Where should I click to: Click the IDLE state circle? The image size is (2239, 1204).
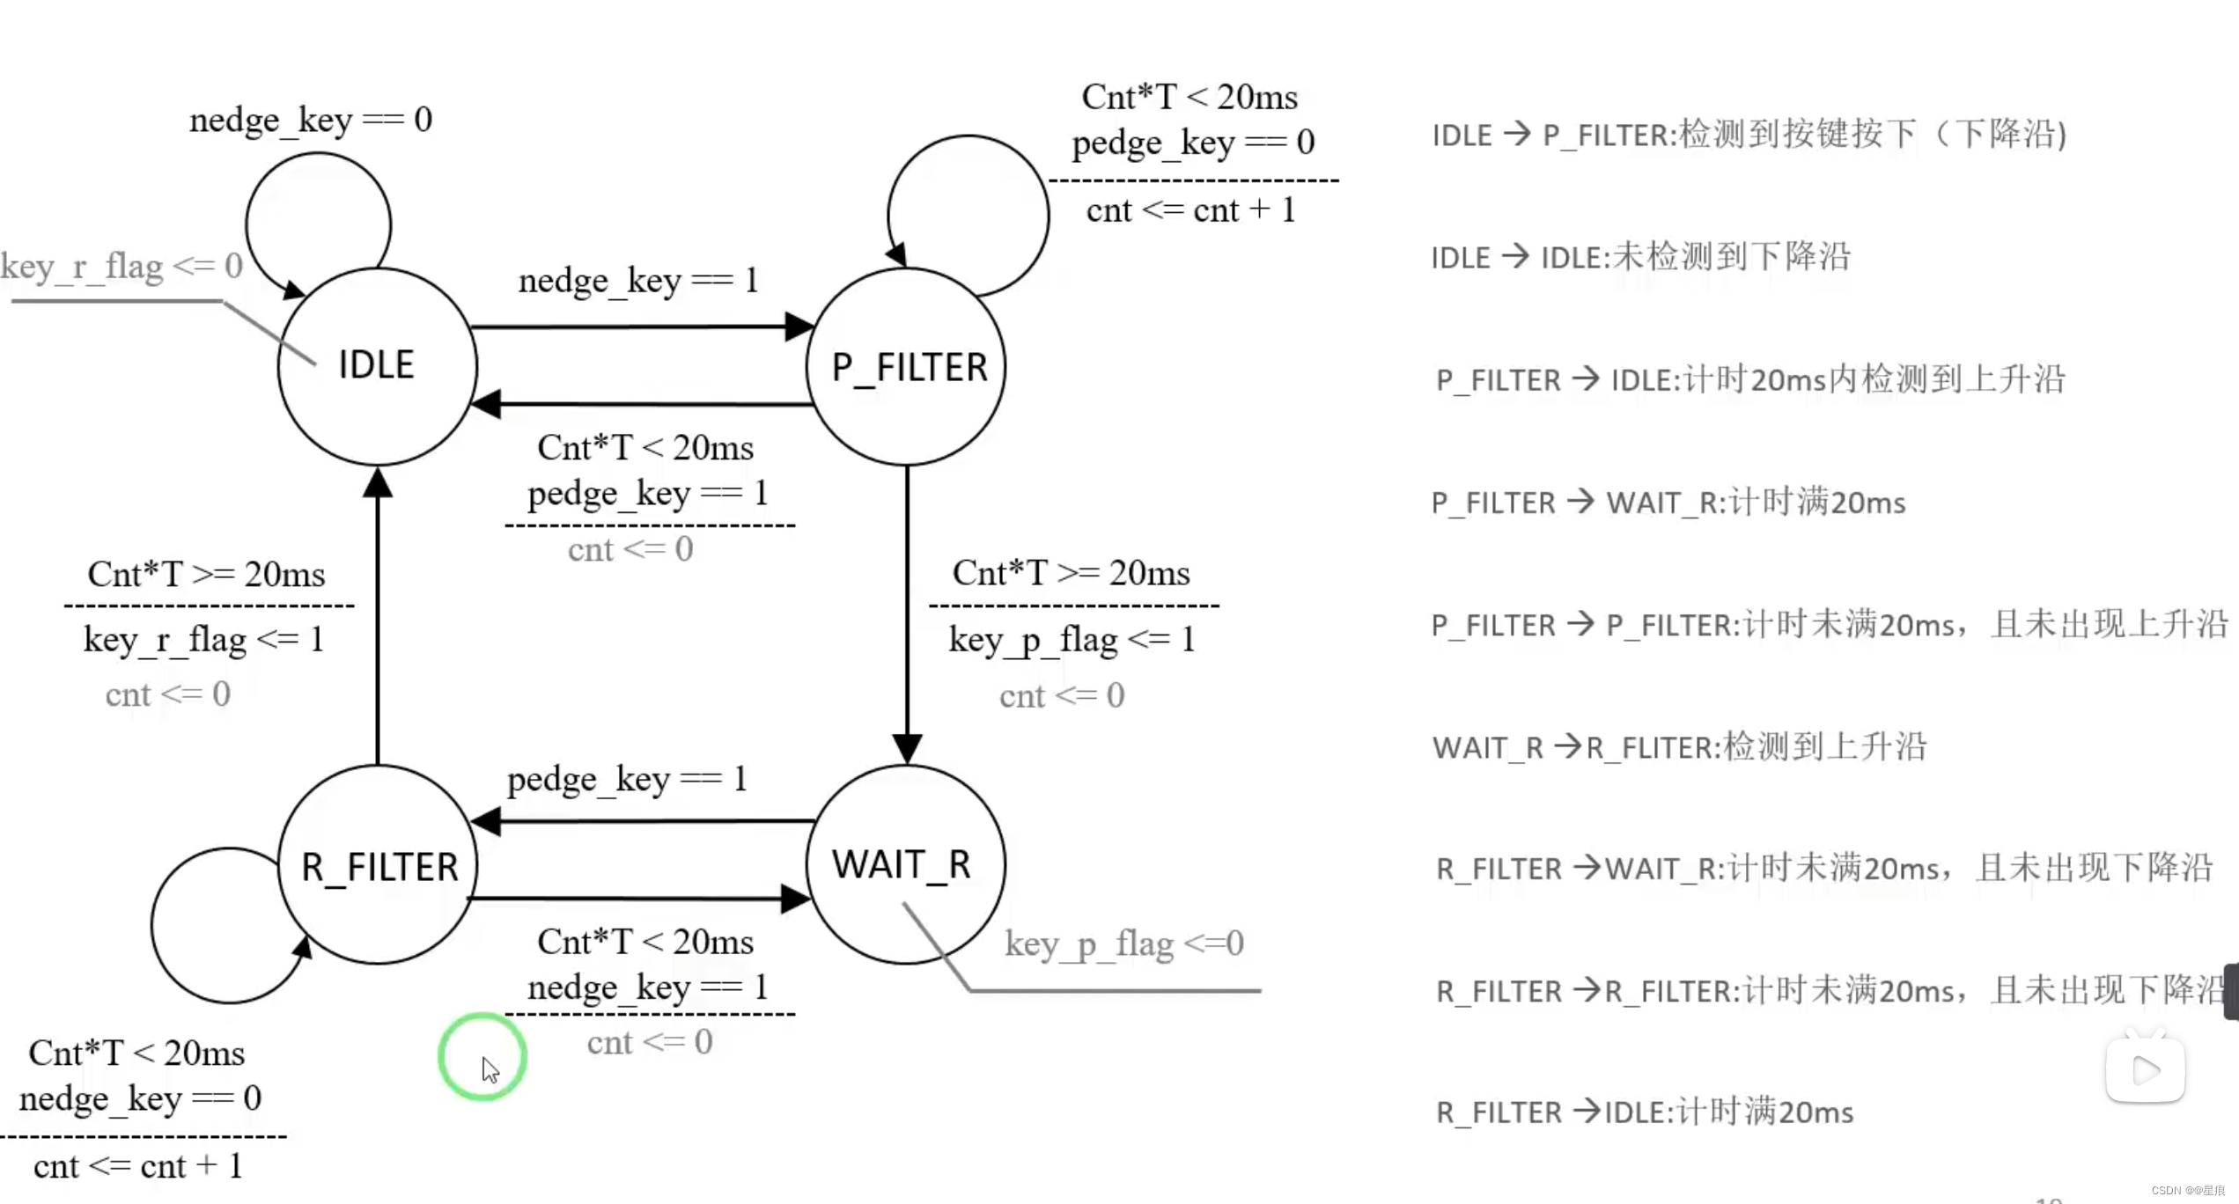point(377,366)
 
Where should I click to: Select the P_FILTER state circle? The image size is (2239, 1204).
point(907,366)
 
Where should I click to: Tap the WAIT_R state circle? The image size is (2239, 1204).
point(905,864)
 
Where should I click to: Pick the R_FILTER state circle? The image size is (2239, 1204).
point(379,866)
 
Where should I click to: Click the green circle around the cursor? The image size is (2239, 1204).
point(482,1056)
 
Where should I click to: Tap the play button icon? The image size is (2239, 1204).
point(2145,1070)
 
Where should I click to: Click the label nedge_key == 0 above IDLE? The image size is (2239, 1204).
point(311,120)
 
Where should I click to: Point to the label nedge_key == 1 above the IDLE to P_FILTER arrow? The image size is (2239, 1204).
point(638,281)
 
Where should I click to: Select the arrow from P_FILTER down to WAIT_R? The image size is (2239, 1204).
point(907,616)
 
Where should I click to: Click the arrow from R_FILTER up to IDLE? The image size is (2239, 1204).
point(378,616)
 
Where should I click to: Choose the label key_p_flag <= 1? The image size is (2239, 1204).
point(1072,640)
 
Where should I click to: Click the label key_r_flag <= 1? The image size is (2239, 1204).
point(204,640)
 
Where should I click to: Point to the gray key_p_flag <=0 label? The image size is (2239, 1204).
point(1124,944)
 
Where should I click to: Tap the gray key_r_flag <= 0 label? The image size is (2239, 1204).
point(122,266)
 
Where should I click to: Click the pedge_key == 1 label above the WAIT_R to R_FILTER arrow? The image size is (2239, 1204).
point(627,779)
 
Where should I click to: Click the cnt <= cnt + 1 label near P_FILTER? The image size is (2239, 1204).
point(1190,211)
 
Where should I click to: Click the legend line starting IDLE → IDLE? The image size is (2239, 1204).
point(1640,257)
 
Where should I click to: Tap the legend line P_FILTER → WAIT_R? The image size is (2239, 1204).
point(1668,503)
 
